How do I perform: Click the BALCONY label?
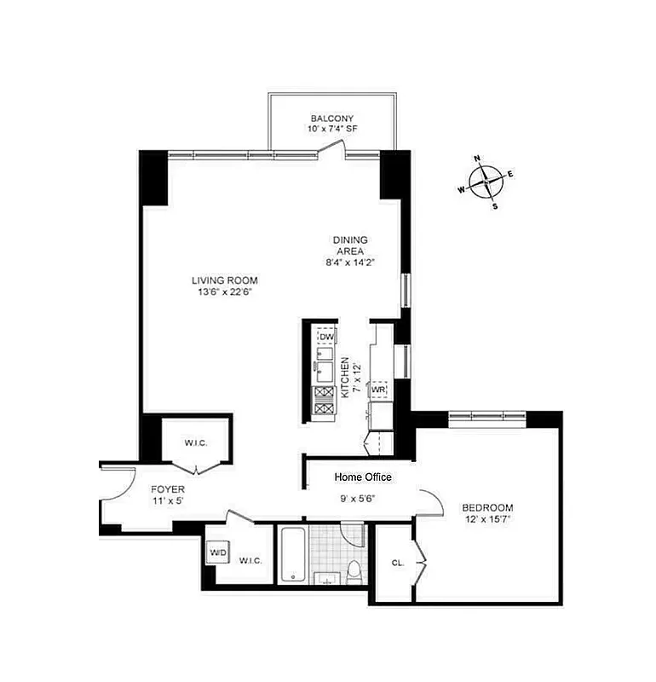click(x=331, y=118)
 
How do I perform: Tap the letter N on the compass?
click(x=478, y=159)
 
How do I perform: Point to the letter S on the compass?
click(x=494, y=205)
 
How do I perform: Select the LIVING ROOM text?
click(x=224, y=280)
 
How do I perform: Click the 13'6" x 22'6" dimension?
click(x=224, y=292)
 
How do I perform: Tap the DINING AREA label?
click(x=350, y=246)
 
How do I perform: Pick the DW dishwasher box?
click(x=326, y=338)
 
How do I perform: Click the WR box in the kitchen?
click(x=378, y=390)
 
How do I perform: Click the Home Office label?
click(x=363, y=477)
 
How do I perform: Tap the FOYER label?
click(x=168, y=489)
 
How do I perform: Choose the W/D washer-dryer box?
click(x=219, y=553)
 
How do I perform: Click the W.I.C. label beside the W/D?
click(x=250, y=560)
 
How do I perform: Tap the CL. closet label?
click(x=397, y=562)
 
